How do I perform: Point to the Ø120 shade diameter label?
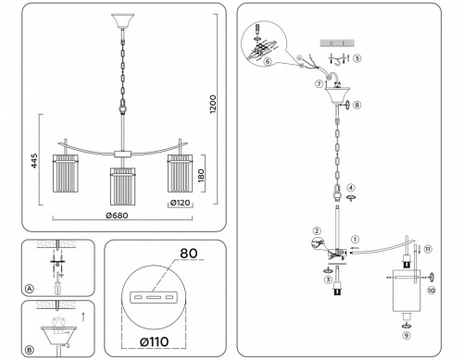(180, 203)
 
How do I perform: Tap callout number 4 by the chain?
(352, 189)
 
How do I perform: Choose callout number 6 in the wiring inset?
(267, 62)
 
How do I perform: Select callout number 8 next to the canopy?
(357, 106)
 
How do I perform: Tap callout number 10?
(431, 291)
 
